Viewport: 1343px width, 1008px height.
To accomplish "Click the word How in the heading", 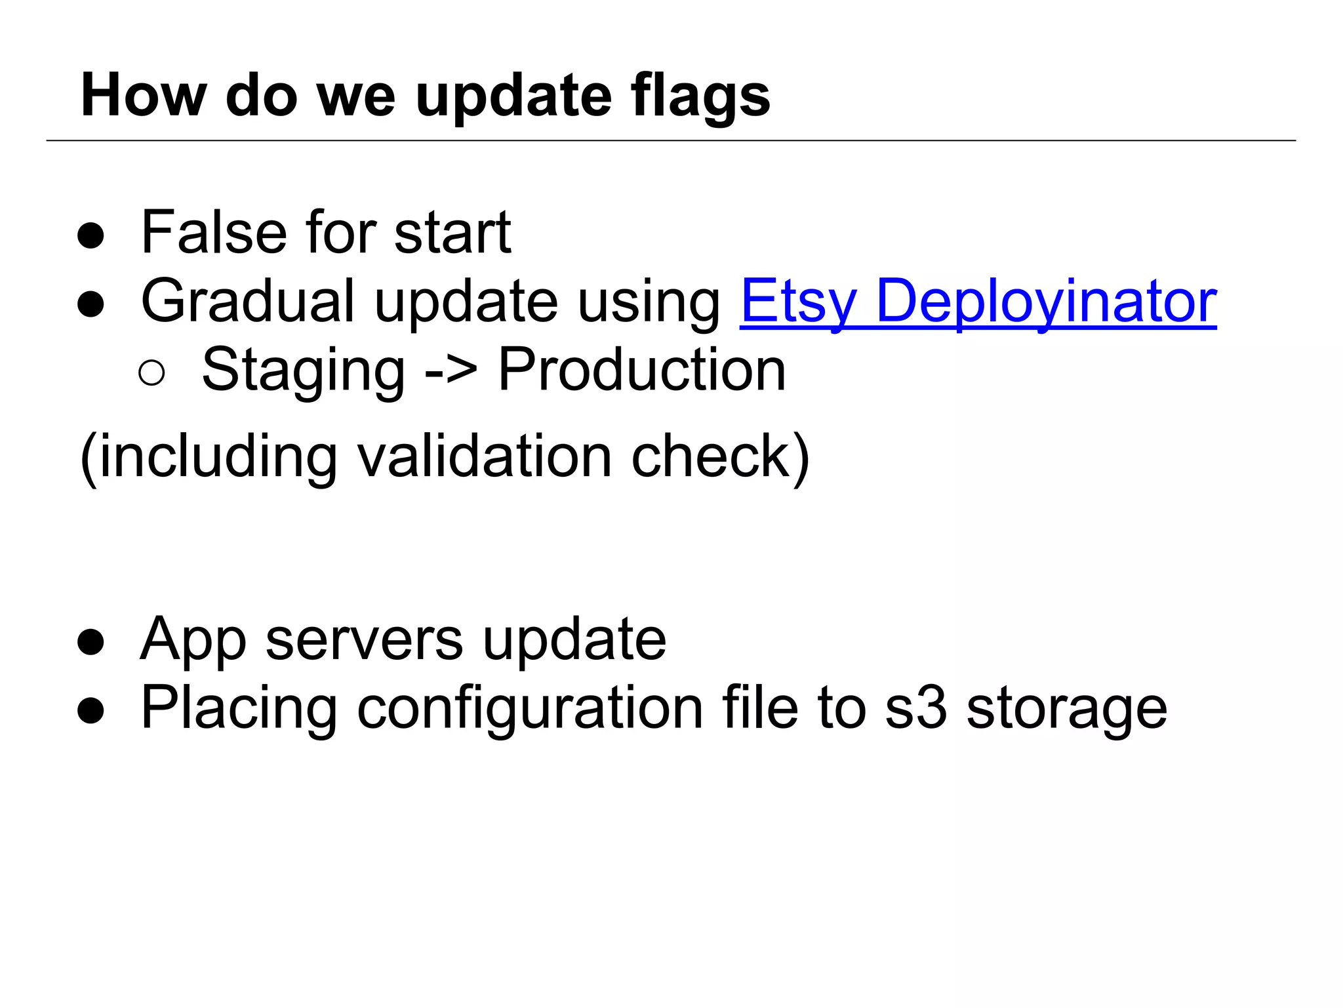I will [x=144, y=96].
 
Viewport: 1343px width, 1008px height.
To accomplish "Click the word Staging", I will [x=303, y=371].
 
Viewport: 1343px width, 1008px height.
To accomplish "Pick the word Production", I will [x=641, y=371].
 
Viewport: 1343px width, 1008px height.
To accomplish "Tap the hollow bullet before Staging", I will [x=151, y=373].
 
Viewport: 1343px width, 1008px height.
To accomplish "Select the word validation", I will [x=485, y=456].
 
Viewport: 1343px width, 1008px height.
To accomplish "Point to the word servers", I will [x=364, y=639].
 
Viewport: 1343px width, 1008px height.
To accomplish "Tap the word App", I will [x=193, y=641].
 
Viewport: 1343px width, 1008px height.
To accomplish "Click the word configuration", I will [x=530, y=709].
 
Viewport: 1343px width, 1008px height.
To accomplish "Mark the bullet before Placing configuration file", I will [x=90, y=711].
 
